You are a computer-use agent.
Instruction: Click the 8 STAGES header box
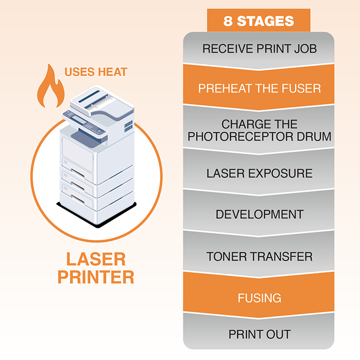(259, 21)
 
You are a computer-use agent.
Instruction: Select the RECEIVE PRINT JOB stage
(259, 49)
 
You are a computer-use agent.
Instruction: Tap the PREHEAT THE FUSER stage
(259, 88)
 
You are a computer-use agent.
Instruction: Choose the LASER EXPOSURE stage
(259, 173)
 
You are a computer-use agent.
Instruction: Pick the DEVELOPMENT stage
(259, 214)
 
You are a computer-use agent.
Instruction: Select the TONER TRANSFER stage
(259, 256)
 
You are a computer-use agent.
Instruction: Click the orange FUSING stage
(259, 298)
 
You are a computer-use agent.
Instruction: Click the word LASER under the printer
(96, 259)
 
